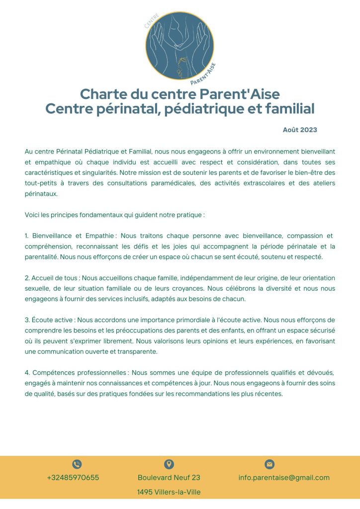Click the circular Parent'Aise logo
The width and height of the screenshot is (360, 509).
pyautogui.click(x=180, y=46)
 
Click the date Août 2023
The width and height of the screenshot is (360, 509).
pyautogui.click(x=300, y=130)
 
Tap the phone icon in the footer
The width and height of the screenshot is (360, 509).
pyautogui.click(x=77, y=464)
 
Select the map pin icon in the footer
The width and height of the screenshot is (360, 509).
pyautogui.click(x=169, y=464)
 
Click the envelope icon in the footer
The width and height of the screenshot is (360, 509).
pyautogui.click(x=270, y=464)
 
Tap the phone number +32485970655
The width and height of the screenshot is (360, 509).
pyautogui.click(x=73, y=478)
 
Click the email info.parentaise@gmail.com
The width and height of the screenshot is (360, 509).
pyautogui.click(x=284, y=478)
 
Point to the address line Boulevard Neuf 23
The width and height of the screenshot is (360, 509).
pyautogui.click(x=169, y=478)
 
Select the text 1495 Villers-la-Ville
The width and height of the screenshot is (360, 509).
pyautogui.click(x=169, y=492)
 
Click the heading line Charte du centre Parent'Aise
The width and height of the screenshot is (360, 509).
pyautogui.click(x=180, y=94)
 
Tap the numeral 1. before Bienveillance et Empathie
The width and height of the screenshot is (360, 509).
pyautogui.click(x=27, y=236)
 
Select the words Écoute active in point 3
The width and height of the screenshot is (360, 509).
pyautogui.click(x=53, y=320)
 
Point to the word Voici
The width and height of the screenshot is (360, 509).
pyautogui.click(x=33, y=215)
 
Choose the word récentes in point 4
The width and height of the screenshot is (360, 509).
pyautogui.click(x=267, y=394)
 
